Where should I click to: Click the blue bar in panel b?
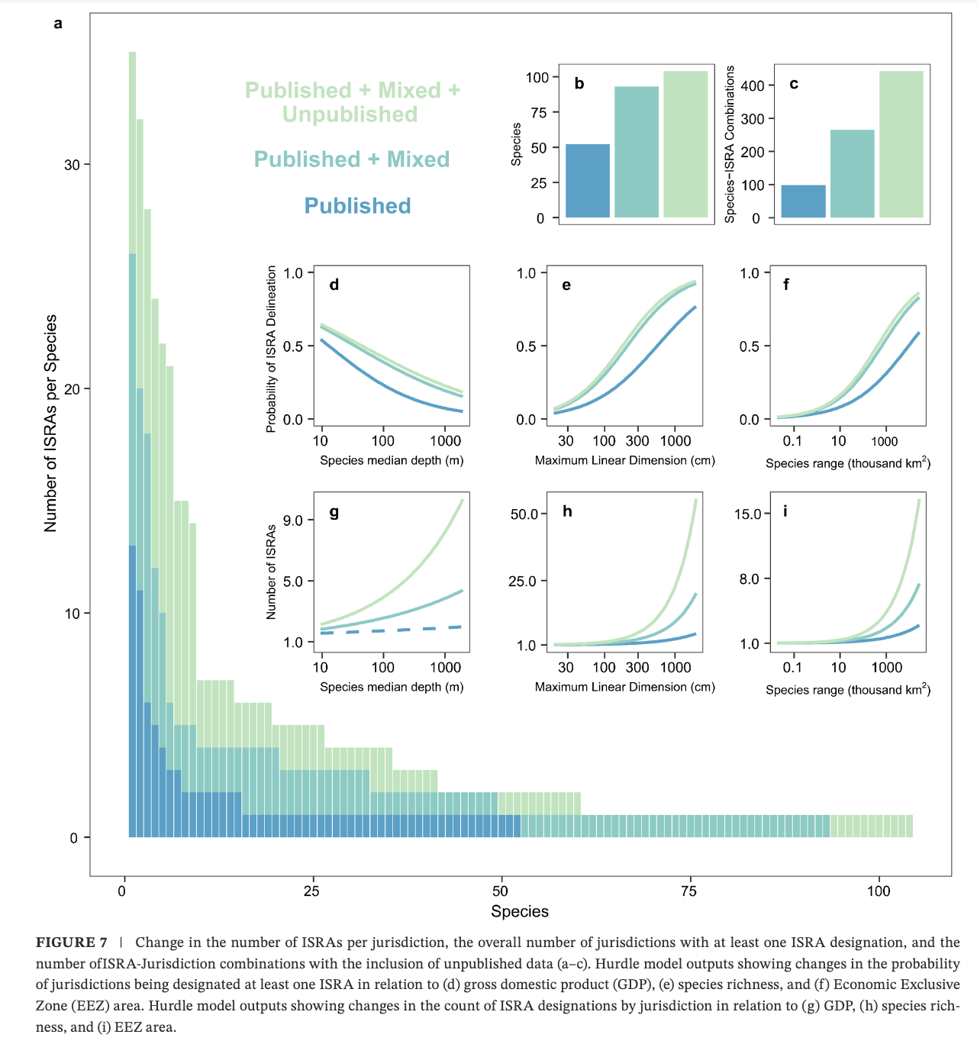tap(588, 181)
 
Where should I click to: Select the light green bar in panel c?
tap(901, 144)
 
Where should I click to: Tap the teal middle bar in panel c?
tap(852, 174)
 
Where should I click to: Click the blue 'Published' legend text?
tap(357, 206)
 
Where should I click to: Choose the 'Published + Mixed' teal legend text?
tap(351, 159)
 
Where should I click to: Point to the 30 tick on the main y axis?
tap(72, 165)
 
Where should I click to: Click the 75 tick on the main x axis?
tap(689, 891)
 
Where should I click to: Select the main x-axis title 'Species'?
tap(519, 911)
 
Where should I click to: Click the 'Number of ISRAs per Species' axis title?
tap(51, 424)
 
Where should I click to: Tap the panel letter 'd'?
tap(334, 285)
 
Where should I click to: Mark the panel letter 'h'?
tap(567, 511)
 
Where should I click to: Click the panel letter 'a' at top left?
tap(58, 24)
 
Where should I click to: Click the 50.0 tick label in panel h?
tap(524, 514)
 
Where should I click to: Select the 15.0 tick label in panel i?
tap(748, 514)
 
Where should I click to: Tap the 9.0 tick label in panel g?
tap(293, 520)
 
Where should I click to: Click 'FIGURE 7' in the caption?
tap(71, 942)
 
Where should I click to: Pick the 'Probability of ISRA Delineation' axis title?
tap(271, 349)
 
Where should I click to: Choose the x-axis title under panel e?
tap(624, 460)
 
